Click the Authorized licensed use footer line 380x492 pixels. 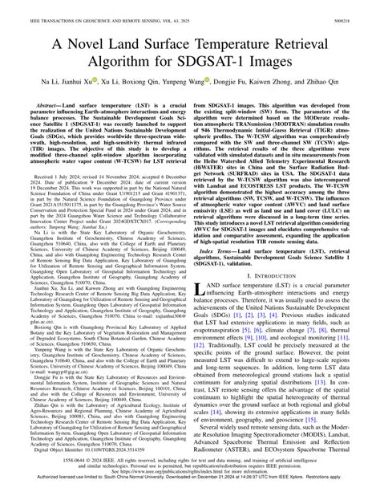[x=190, y=486]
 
